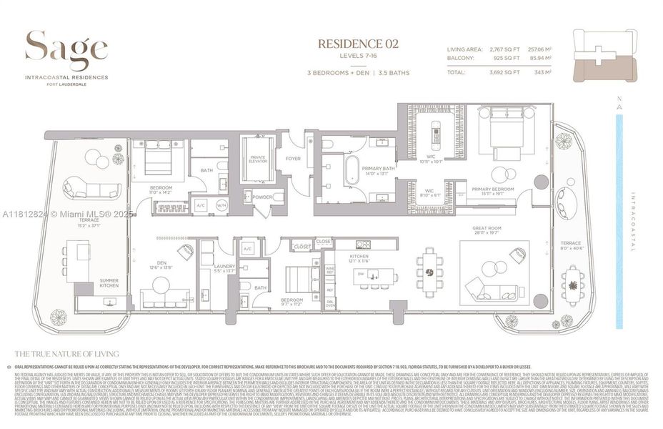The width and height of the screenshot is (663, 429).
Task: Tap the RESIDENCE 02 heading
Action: (x=358, y=44)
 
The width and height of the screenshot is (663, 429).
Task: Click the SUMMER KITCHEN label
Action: (x=109, y=283)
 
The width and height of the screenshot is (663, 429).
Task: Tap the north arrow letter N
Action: (x=619, y=101)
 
